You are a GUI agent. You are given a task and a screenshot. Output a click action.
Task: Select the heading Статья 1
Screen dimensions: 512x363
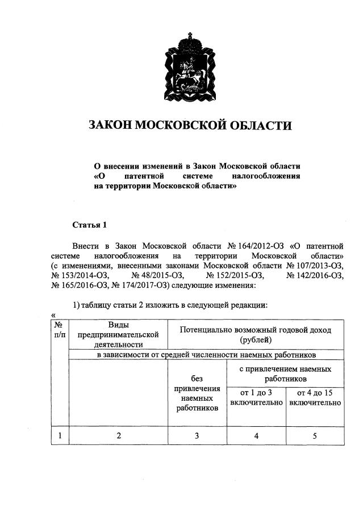pyautogui.click(x=90, y=225)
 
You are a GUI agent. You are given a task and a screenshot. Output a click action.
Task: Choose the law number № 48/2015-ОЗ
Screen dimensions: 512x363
pyautogui.click(x=157, y=275)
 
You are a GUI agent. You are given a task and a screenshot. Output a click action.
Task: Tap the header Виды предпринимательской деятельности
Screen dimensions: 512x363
pyautogui.click(x=118, y=334)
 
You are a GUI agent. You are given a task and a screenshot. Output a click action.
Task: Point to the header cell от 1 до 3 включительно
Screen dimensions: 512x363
pyautogui.click(x=256, y=397)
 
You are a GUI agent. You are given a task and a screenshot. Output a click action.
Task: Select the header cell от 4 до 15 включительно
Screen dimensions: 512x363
pyautogui.click(x=315, y=397)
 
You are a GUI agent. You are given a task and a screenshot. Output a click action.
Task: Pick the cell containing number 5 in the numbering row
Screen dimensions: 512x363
pyautogui.click(x=315, y=436)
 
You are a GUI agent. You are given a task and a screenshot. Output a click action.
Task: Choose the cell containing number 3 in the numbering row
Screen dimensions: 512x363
pyautogui.click(x=197, y=436)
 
